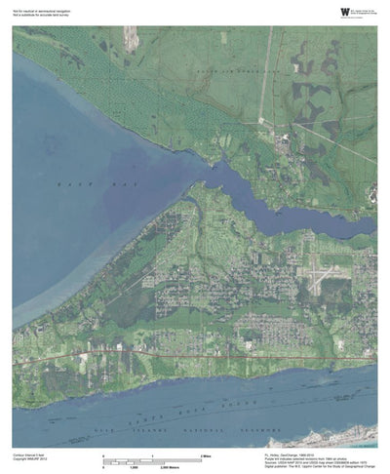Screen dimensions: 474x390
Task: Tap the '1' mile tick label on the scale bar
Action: [152, 455]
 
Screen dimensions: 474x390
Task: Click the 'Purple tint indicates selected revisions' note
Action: [312, 458]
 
